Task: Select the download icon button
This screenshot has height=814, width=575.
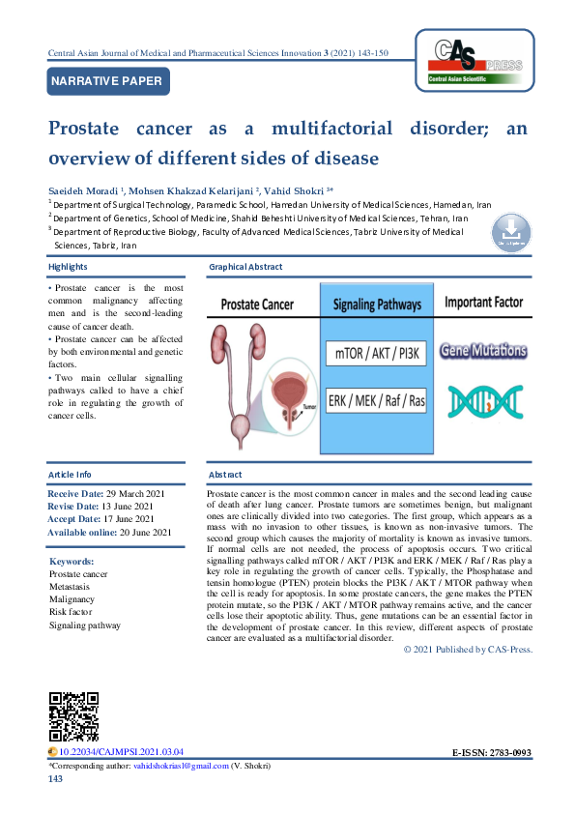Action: [512, 232]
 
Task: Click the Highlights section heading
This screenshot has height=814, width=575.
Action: [68, 266]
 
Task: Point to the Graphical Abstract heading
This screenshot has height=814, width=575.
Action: [246, 266]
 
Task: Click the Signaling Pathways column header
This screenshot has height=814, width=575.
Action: [377, 304]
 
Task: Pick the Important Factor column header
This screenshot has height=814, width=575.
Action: [482, 303]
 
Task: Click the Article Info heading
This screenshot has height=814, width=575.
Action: [70, 475]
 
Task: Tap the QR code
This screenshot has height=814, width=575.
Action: [73, 717]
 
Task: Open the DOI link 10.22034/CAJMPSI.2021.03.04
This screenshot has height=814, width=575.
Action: [121, 751]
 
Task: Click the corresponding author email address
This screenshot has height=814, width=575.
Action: [182, 766]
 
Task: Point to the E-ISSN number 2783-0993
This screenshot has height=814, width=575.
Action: [509, 751]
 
